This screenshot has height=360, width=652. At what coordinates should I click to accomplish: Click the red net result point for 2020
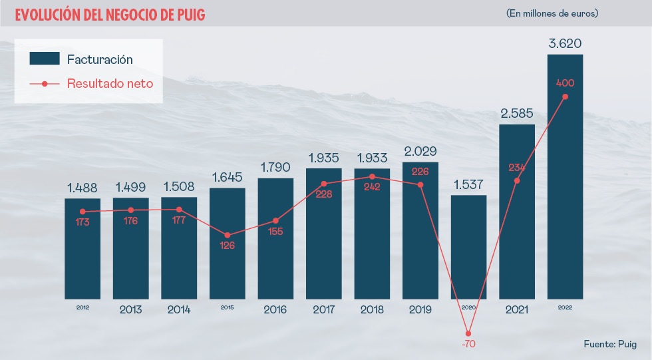tap(468, 333)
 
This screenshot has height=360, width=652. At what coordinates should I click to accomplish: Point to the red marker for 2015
tap(228, 235)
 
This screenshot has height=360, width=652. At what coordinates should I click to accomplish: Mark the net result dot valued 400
tap(565, 96)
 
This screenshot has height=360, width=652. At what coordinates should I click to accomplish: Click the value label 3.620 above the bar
tap(565, 44)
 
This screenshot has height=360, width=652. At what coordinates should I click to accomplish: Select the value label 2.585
tap(517, 114)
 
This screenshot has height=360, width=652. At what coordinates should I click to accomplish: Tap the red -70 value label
tap(468, 345)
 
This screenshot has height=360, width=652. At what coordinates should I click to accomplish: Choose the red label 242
tap(372, 188)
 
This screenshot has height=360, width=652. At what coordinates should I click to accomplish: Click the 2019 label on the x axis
tap(420, 309)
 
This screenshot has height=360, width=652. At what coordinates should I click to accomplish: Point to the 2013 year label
tap(130, 309)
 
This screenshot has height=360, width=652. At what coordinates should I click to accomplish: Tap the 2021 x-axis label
tap(517, 309)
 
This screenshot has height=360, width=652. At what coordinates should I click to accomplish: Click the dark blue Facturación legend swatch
tap(45, 59)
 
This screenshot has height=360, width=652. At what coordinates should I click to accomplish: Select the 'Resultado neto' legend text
tap(110, 83)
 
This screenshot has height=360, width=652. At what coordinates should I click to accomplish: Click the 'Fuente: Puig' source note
tap(610, 344)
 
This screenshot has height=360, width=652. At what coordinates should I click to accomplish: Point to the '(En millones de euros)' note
tap(552, 13)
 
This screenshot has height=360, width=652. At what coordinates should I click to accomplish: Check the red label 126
tap(228, 246)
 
